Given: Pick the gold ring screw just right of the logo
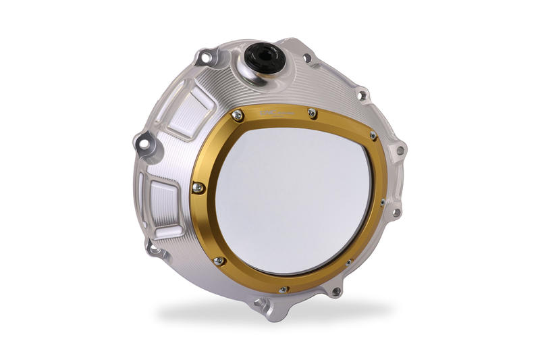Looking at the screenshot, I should point(312,113).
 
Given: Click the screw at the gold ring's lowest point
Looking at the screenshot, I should point(283,289).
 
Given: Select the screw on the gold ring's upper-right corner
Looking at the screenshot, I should point(373,136).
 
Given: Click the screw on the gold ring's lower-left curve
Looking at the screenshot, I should point(218,259).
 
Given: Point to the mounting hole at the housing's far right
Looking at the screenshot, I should point(400,150).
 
